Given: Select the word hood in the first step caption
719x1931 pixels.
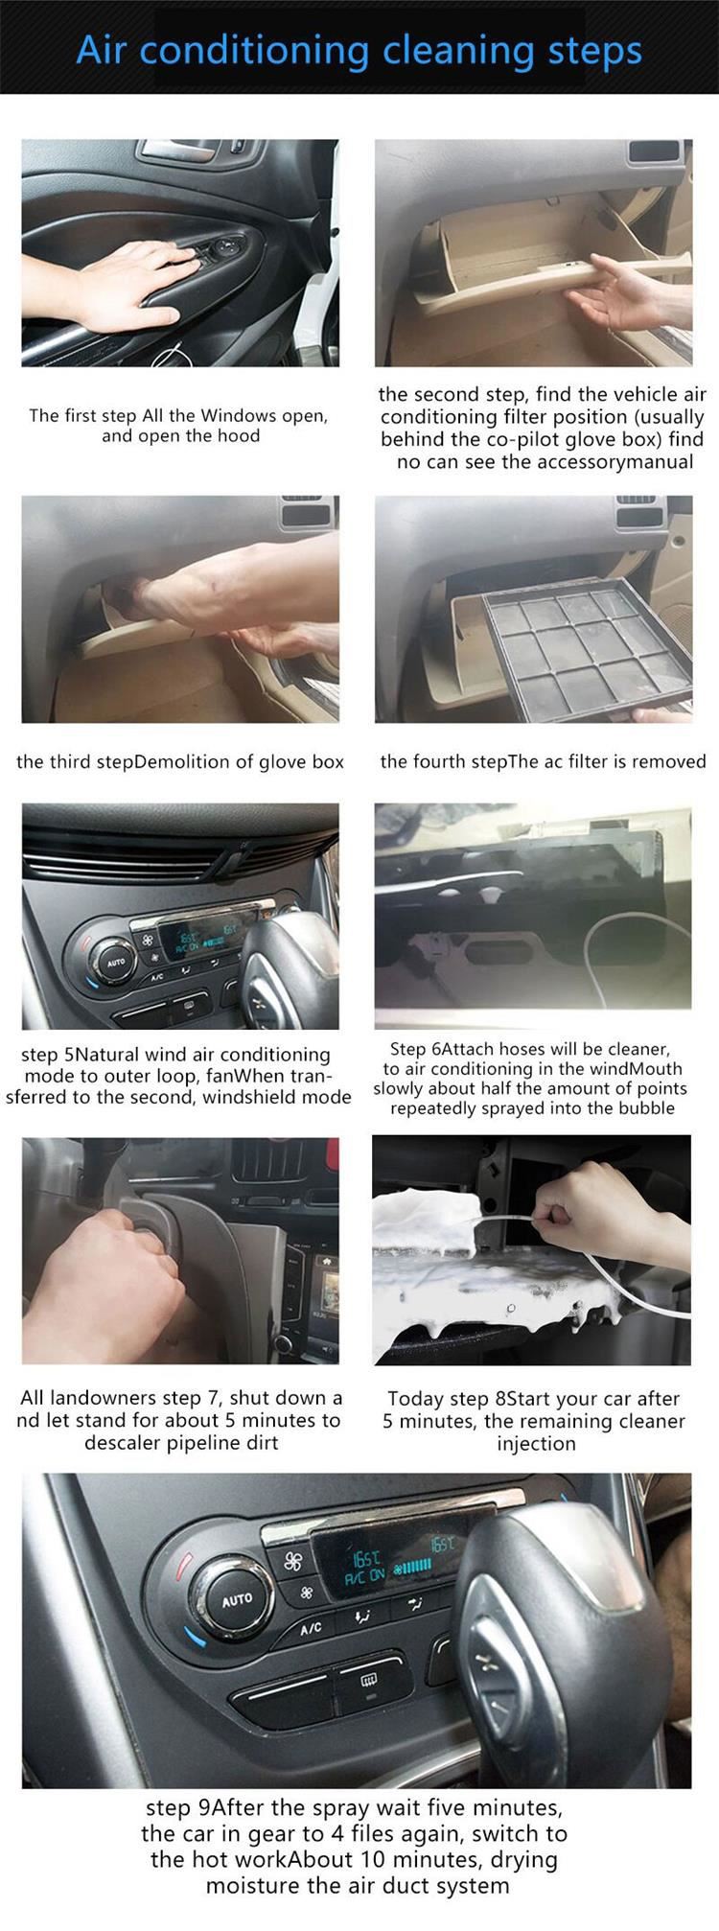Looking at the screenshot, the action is (240, 436).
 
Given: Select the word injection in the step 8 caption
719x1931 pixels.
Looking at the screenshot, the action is (537, 1444).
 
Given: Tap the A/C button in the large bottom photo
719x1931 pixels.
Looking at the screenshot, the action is (313, 1628).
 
